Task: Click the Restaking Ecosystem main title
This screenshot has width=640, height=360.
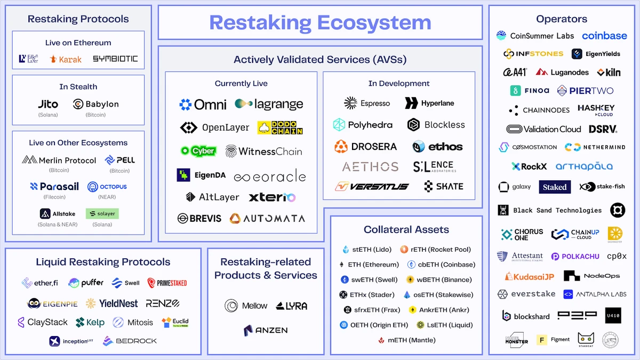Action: tap(320, 22)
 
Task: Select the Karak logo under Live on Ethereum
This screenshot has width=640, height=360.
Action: tap(66, 59)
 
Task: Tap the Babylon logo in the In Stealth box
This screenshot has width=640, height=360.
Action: tap(96, 105)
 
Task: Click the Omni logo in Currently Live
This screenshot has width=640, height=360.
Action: tap(203, 105)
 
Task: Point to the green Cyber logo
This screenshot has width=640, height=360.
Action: tap(198, 151)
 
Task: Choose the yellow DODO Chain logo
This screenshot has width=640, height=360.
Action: tap(280, 127)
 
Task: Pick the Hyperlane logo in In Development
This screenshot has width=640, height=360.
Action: tap(430, 103)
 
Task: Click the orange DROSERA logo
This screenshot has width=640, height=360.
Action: tap(366, 146)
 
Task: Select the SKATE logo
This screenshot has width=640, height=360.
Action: tap(444, 186)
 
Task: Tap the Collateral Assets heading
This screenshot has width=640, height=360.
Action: tap(406, 230)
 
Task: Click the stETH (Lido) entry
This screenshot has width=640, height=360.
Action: tap(367, 250)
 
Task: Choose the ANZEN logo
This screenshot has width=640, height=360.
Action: tap(266, 331)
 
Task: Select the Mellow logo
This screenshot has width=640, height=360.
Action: tap(246, 306)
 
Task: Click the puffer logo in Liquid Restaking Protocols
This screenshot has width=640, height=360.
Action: tap(86, 283)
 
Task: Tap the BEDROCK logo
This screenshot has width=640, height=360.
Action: tap(130, 341)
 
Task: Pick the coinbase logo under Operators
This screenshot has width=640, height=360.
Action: tap(604, 36)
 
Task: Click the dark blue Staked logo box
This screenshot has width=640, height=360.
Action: tap(555, 187)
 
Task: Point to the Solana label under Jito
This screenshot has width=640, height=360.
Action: tap(48, 115)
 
